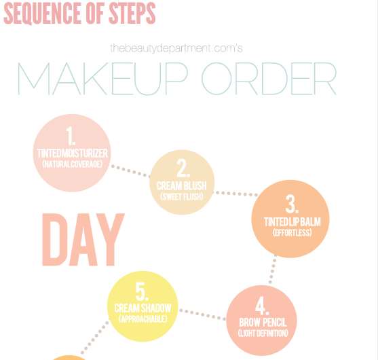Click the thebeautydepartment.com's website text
176,48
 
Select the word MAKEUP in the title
102,79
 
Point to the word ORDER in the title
269,79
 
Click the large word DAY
83,240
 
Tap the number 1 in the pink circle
71,136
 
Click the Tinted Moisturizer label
73,154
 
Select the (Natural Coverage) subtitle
73,164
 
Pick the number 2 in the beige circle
183,168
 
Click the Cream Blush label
181,186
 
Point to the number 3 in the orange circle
292,204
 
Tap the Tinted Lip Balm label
292,222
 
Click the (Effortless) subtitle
292,232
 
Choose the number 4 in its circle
262,306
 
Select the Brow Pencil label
263,323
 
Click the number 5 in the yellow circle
142,291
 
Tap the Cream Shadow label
143,308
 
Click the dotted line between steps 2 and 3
236,194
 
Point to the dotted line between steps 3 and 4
272,271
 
